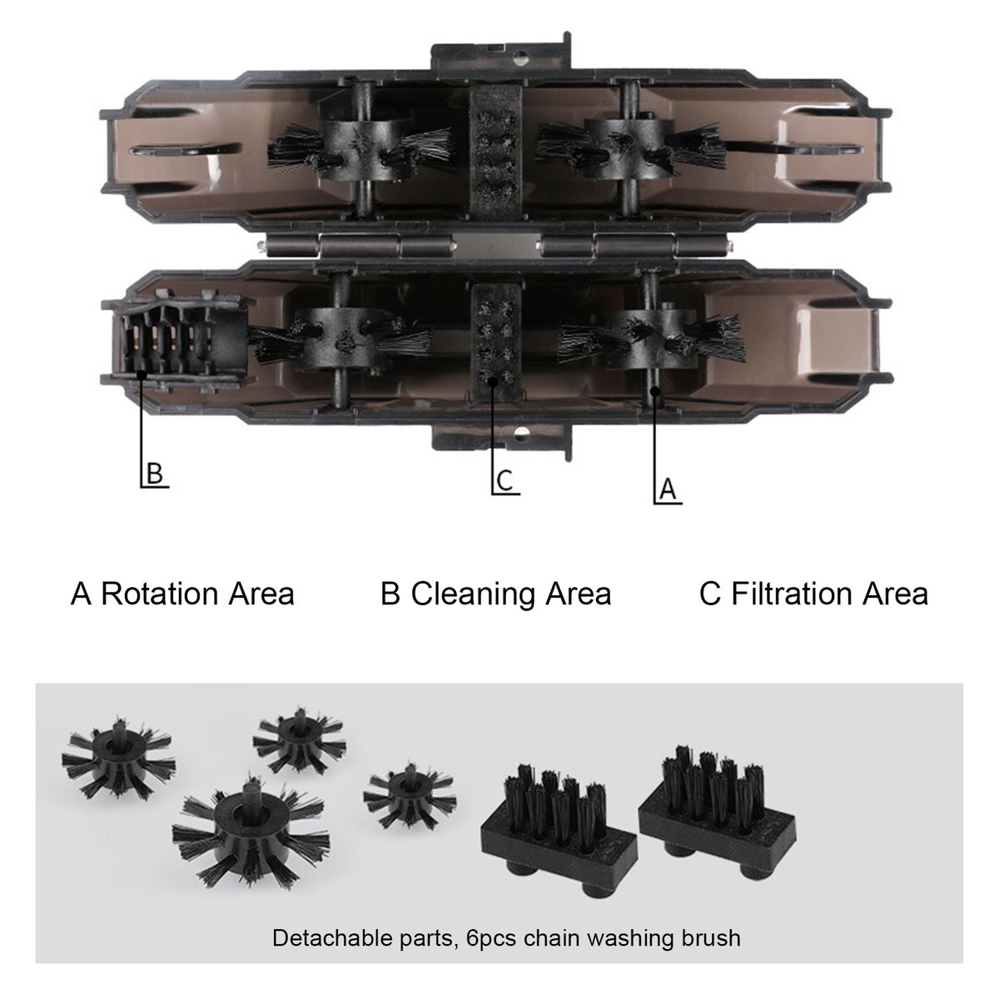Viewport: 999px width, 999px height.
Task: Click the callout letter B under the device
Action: click(155, 473)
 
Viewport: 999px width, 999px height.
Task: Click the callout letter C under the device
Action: click(504, 480)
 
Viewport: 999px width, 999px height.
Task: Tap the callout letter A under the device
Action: click(668, 489)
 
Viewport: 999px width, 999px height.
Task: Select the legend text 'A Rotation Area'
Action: click(182, 594)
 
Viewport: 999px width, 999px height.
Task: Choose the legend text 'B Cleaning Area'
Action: click(496, 594)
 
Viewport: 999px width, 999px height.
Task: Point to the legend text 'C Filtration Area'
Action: click(813, 594)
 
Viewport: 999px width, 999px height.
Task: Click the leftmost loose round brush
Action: click(119, 758)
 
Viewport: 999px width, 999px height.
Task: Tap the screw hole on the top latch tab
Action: click(521, 57)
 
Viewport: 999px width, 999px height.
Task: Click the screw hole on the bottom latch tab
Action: click(521, 430)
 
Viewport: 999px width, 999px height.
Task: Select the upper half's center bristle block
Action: click(495, 150)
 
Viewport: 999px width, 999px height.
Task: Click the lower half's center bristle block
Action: click(495, 342)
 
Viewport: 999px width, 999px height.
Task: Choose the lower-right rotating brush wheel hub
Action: click(652, 339)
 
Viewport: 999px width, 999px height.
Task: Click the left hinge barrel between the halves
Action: click(360, 245)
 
